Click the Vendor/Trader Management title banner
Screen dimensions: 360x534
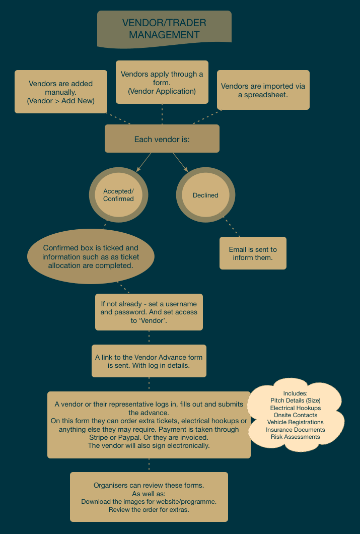click(x=164, y=29)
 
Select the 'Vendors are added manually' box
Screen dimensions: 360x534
click(x=61, y=92)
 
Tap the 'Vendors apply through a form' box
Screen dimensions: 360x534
click(x=162, y=82)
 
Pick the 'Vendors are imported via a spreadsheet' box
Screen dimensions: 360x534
click(x=263, y=90)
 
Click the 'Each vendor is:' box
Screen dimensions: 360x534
click(x=162, y=139)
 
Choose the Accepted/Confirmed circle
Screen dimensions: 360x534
click(x=118, y=195)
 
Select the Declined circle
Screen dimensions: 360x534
click(x=205, y=195)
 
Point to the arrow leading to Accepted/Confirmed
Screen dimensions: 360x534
click(x=143, y=162)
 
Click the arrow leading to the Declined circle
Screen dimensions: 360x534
click(x=180, y=162)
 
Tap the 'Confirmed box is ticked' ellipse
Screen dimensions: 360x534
click(x=91, y=256)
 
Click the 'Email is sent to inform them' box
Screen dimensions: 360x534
click(x=253, y=253)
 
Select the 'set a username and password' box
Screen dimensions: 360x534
click(x=149, y=312)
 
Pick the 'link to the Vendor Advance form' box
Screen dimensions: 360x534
click(x=149, y=361)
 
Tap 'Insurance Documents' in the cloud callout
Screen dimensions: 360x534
click(x=296, y=430)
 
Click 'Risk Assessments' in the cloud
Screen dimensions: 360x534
click(x=296, y=437)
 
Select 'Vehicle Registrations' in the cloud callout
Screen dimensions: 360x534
click(x=296, y=422)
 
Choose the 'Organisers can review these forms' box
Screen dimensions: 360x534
click(x=149, y=497)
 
